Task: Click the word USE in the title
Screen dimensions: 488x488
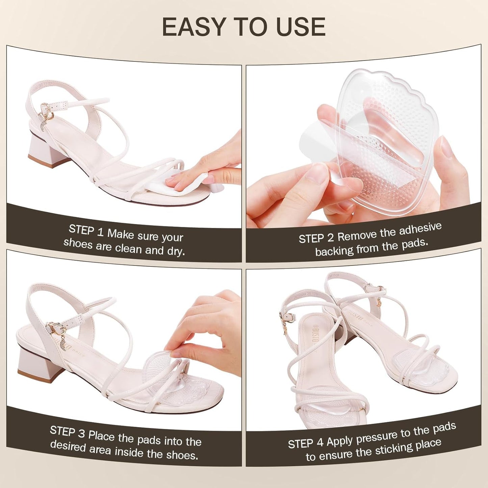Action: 301,27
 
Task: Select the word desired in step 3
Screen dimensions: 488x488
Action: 68,446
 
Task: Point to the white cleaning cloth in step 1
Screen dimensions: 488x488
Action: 182,182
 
